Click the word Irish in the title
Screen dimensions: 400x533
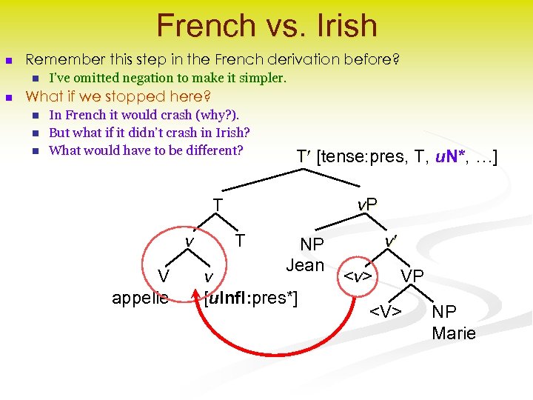343,26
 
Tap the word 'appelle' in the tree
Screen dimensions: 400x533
140,298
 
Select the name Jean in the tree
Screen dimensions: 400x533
305,265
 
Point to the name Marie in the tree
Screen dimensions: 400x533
454,333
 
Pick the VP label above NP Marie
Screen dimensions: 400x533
412,276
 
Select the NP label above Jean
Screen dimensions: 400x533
311,245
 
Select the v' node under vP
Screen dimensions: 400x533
389,241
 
